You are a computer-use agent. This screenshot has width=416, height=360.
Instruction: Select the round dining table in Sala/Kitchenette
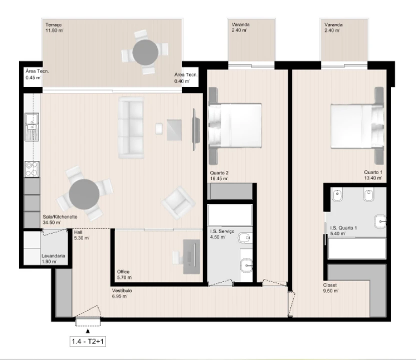(84, 194)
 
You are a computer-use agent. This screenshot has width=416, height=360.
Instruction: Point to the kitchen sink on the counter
(32, 125)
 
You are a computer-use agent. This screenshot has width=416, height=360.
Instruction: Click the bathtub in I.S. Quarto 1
(357, 247)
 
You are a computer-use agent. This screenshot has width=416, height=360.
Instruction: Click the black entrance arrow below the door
(88, 330)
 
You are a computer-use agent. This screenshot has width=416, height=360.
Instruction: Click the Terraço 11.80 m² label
(54, 27)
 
